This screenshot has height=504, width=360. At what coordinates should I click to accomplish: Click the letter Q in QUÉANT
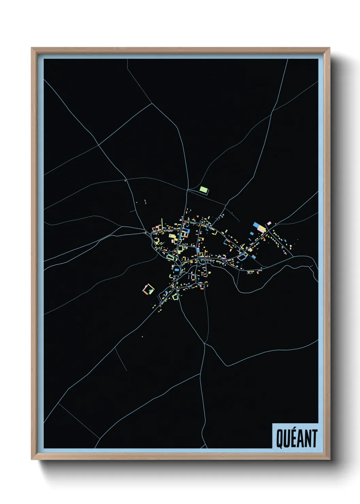(279, 439)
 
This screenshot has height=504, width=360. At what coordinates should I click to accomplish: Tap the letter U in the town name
(286, 439)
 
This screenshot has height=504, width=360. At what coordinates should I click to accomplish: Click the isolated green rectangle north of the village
(204, 189)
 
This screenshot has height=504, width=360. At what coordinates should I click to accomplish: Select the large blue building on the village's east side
(256, 225)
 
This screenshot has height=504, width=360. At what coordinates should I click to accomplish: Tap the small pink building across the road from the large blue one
(269, 223)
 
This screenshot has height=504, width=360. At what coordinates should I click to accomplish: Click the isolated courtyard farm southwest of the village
(148, 289)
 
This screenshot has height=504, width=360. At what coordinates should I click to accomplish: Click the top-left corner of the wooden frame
(32, 48)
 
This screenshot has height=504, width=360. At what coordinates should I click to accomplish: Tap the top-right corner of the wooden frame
(329, 48)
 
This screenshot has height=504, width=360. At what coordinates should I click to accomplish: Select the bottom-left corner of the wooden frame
(32, 459)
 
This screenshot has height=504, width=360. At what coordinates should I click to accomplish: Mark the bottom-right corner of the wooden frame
(329, 459)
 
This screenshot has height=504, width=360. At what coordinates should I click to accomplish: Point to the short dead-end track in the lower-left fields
(121, 359)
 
